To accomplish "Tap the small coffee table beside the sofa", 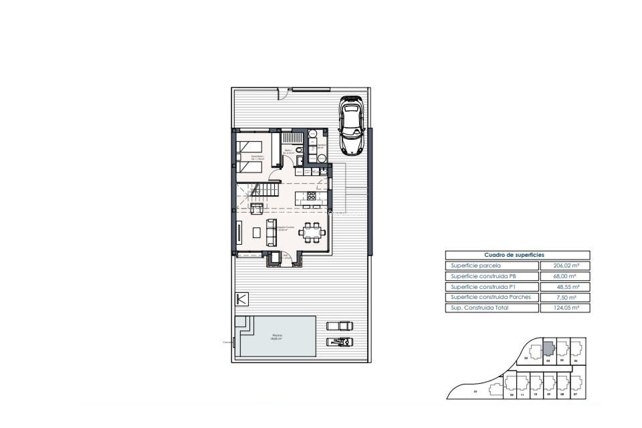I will click(256, 232).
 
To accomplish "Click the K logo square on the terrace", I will click(242, 299).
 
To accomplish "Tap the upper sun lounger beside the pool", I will click(340, 325).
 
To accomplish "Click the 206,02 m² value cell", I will click(565, 266).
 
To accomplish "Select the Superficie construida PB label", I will click(483, 276).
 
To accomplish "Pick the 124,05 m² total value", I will click(565, 308).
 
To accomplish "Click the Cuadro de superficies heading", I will click(517, 255).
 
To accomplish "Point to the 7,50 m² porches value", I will click(565, 297).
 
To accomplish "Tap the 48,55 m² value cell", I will click(565, 287).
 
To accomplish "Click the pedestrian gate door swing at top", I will click(283, 94).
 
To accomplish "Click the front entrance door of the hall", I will click(289, 258).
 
